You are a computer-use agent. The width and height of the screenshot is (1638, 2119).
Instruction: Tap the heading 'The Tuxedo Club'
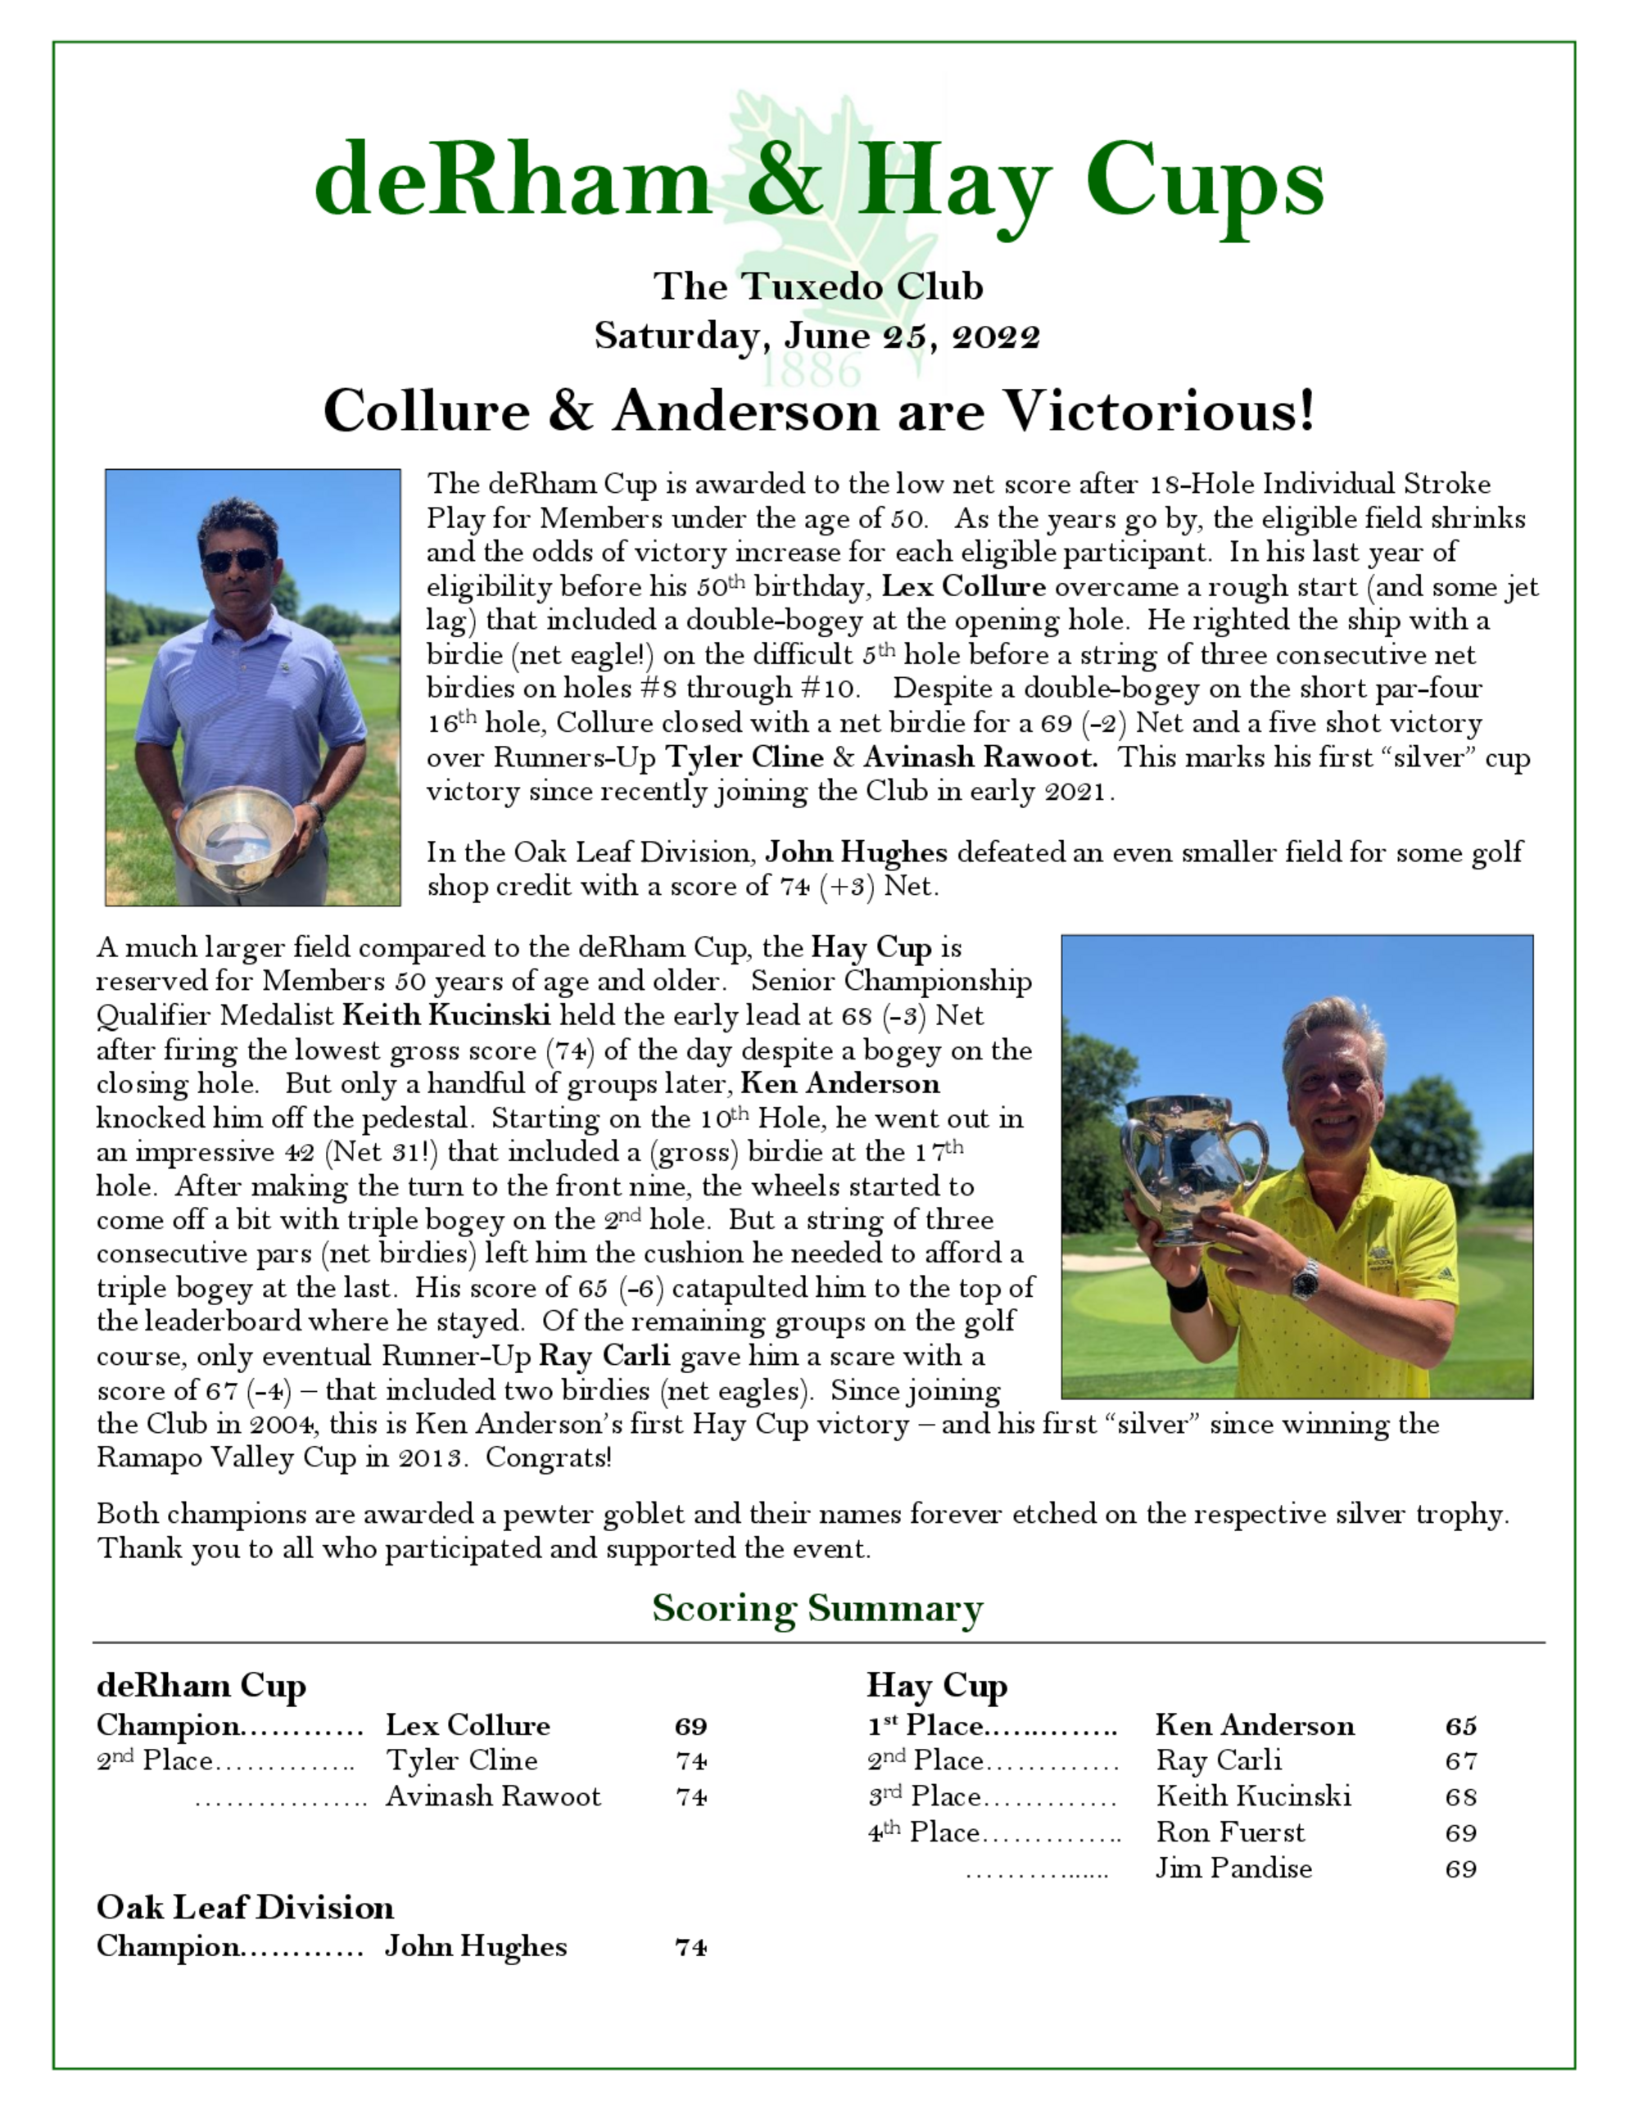818,287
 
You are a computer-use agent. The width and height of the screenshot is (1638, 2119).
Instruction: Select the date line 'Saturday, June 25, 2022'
818,336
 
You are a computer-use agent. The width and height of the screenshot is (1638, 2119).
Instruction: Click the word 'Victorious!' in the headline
1159,410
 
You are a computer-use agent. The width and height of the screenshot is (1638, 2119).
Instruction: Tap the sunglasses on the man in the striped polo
237,560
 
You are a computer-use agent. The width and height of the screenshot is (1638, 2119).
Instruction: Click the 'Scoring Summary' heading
817,1609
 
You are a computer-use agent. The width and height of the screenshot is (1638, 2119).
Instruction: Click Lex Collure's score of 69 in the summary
691,1726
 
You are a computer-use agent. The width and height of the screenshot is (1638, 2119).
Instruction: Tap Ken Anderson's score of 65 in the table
1460,1726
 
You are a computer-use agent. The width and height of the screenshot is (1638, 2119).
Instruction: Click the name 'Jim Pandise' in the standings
1233,1868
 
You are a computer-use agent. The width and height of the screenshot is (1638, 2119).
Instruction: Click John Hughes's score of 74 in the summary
691,1947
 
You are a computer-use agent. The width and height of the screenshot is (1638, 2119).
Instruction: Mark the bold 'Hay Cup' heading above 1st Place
936,1685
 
